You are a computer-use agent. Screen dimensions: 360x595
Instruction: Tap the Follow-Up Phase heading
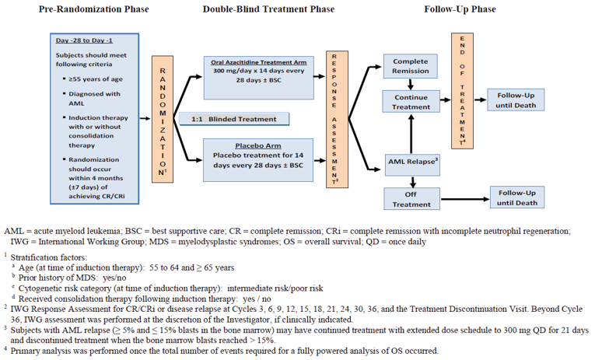pos(460,9)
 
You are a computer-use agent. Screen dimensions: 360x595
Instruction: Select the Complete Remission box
pos(410,66)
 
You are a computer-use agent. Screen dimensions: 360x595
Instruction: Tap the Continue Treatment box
pos(410,102)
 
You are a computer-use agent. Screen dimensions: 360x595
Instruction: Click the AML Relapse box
pos(410,163)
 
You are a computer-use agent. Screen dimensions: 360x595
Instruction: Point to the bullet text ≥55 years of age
pos(91,79)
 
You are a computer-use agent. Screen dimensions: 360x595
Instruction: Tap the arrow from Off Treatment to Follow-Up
pos(462,198)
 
